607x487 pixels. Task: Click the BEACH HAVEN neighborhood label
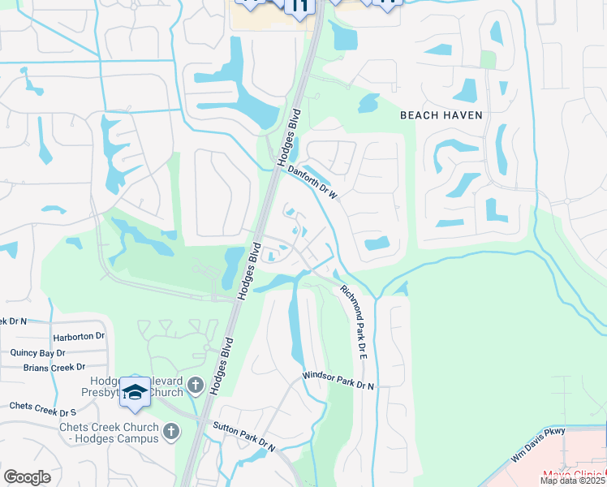point(441,115)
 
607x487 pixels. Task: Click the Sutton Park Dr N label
point(244,437)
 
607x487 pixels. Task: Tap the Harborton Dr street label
point(79,336)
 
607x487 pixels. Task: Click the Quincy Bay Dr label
point(37,353)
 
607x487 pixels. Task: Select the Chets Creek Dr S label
point(41,405)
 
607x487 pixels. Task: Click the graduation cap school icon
point(136,393)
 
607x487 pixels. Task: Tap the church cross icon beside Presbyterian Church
point(195,384)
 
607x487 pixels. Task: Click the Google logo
point(28,477)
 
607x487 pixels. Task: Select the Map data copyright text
point(571,481)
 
